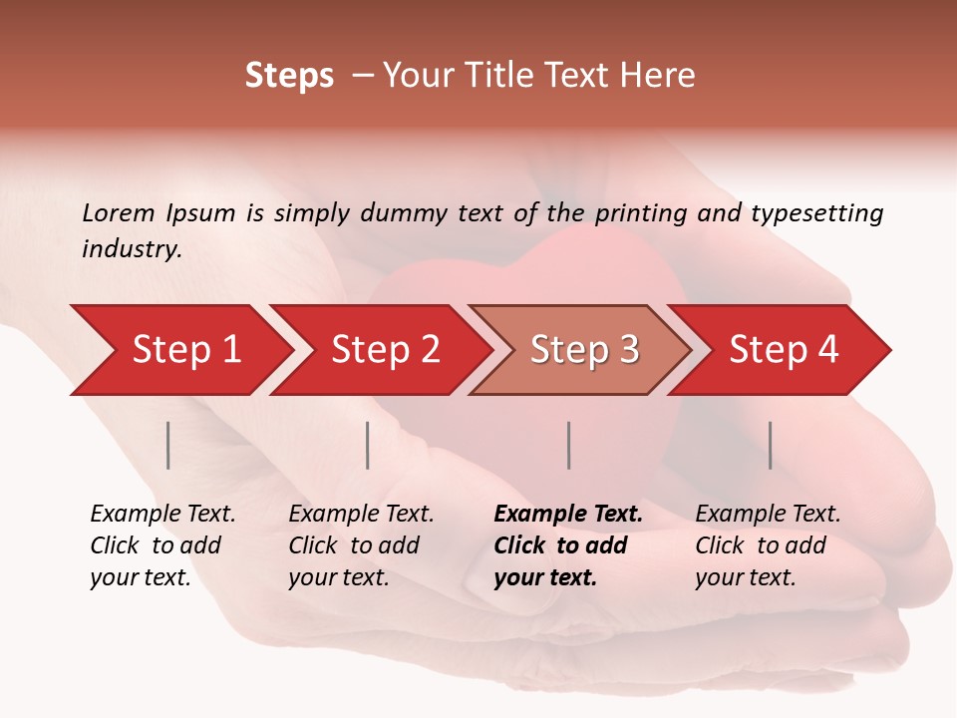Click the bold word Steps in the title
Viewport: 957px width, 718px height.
[289, 76]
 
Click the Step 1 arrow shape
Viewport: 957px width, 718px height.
[184, 350]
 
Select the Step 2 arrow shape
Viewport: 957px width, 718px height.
[384, 350]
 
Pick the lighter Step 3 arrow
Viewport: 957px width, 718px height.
[583, 350]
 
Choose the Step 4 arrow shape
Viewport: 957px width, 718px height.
[783, 350]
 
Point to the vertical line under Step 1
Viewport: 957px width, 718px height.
[168, 445]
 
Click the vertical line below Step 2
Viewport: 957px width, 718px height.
[368, 445]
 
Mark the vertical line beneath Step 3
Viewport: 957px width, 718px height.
[568, 445]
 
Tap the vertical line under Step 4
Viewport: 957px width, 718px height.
[770, 445]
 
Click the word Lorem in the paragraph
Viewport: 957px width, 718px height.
[119, 213]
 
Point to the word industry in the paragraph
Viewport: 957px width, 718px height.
[131, 249]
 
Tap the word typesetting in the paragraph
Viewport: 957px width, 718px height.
[816, 213]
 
